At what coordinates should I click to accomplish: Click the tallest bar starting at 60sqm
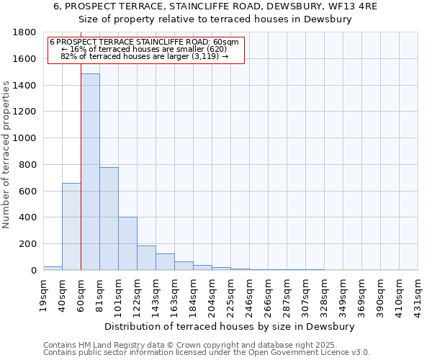coord(90,173)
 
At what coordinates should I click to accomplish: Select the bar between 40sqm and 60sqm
coord(71,227)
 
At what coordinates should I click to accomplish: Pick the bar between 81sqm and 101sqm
coord(109,219)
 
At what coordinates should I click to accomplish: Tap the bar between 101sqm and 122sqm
coord(127,243)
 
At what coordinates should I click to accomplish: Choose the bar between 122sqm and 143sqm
coord(146,258)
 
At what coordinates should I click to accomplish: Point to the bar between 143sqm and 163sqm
coord(165,262)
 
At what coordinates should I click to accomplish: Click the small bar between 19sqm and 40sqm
coord(53,268)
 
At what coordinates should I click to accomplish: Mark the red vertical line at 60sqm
coord(81,180)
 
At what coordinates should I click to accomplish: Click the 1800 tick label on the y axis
coord(25,32)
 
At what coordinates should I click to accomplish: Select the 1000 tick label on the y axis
coord(25,138)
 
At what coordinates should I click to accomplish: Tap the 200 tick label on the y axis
coord(29,244)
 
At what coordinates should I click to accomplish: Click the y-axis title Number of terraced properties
coord(6,155)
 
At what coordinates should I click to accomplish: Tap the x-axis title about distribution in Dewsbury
coord(230,326)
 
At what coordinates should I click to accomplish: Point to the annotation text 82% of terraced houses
coord(144,56)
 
